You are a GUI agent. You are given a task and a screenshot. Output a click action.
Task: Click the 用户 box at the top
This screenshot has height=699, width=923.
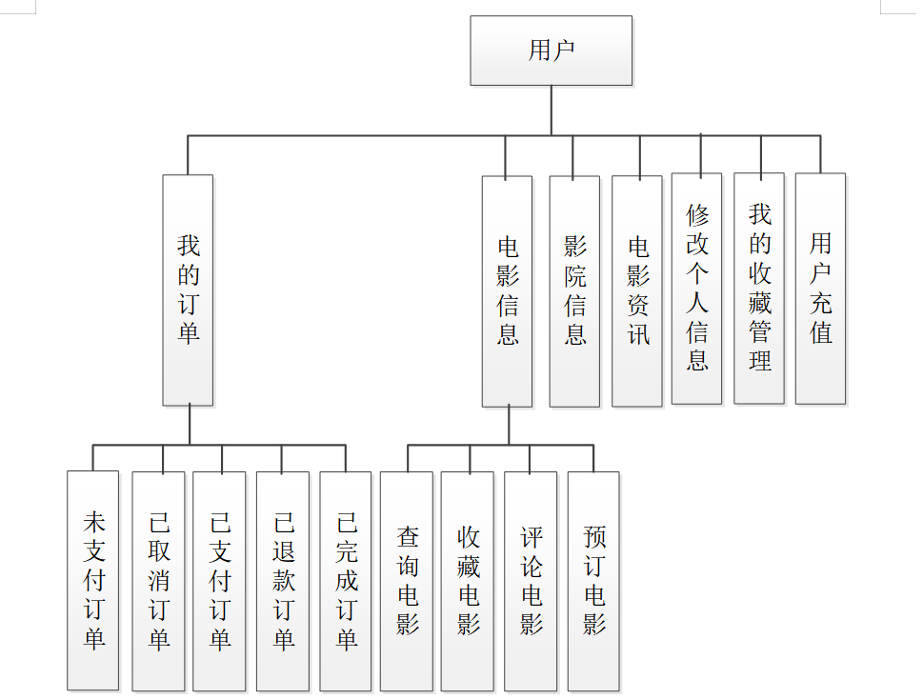tap(551, 50)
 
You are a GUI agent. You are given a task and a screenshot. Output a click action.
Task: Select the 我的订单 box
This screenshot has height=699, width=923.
tap(188, 290)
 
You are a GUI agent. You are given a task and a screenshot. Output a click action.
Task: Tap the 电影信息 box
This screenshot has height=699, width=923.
tap(507, 290)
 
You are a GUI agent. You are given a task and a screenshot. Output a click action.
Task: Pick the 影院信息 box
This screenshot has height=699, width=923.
tap(574, 290)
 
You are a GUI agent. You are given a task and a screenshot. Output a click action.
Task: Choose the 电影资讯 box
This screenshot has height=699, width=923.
tap(636, 290)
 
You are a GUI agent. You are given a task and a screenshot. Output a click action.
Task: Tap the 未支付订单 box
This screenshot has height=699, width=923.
tap(93, 580)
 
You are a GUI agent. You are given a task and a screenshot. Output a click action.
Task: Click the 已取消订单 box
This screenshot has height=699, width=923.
tap(158, 580)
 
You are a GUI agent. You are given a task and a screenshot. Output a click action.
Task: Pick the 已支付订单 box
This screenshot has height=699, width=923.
tap(219, 580)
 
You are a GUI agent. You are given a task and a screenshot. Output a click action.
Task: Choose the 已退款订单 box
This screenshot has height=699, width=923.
tap(283, 580)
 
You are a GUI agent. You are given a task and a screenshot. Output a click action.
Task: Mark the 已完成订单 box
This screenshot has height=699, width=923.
tap(346, 580)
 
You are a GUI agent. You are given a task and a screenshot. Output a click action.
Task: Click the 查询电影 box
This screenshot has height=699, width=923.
tap(407, 580)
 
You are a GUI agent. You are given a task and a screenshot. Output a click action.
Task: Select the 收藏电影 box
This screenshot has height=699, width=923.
tap(468, 580)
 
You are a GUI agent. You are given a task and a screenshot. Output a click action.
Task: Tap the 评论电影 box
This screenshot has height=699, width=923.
tap(531, 580)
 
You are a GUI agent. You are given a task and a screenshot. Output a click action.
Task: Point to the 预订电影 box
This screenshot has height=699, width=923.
tap(593, 580)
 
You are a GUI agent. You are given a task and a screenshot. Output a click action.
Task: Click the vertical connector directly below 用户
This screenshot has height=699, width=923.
tap(552, 110)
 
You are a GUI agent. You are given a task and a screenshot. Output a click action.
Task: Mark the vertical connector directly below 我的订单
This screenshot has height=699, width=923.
tap(189, 425)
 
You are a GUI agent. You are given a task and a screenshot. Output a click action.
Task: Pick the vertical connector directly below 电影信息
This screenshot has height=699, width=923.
tap(508, 425)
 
